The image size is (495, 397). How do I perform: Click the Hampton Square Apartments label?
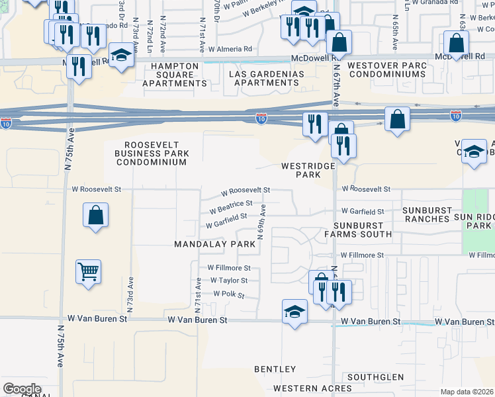click(174, 75)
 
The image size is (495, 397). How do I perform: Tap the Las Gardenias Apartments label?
click(263, 78)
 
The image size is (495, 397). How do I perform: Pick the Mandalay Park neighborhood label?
click(214, 244)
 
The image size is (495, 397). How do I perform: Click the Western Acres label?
click(303, 388)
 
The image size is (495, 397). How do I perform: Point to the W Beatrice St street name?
click(230, 208)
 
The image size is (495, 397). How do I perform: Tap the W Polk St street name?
click(229, 293)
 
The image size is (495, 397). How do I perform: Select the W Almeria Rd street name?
click(230, 49)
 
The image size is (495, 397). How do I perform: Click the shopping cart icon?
click(88, 271)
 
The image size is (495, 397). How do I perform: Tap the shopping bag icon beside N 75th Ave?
click(96, 215)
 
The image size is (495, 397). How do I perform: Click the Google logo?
click(22, 389)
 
